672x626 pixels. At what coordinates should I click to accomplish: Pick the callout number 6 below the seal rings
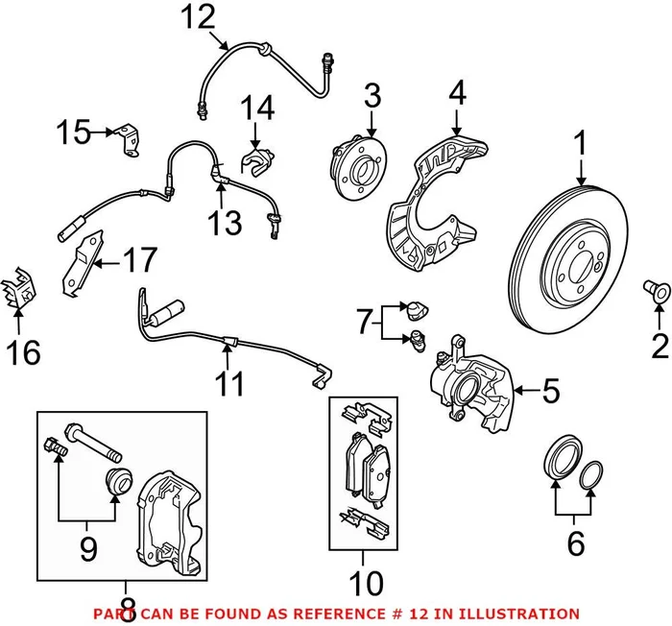pos(575,543)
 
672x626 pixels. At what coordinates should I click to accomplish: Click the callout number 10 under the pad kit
pos(364,583)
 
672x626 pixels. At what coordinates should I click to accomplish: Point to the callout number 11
pos(228,384)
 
